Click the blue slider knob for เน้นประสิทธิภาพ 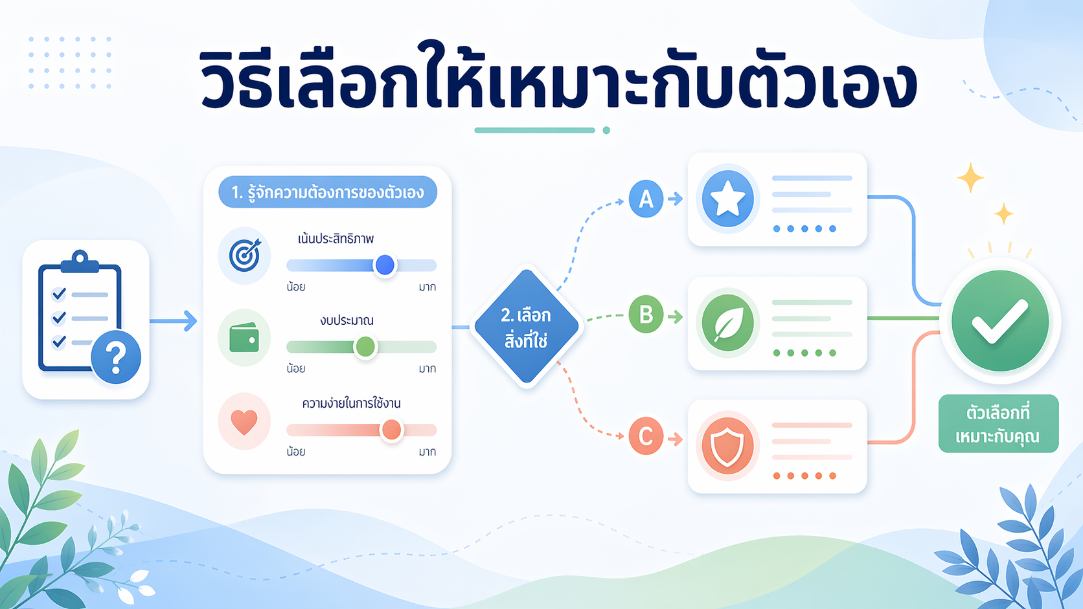(x=385, y=265)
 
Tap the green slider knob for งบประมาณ (x=365, y=347)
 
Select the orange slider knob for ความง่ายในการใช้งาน (x=391, y=430)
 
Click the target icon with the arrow (x=244, y=255)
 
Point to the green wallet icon (x=244, y=338)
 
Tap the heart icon (x=244, y=421)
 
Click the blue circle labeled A (x=646, y=199)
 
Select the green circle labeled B (x=646, y=315)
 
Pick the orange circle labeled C (x=646, y=436)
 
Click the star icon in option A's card (x=727, y=199)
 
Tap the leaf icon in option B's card (x=727, y=323)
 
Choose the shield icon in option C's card (x=727, y=446)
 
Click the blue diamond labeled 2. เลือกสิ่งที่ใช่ (x=526, y=327)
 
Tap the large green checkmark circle (x=999, y=321)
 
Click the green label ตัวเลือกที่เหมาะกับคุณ (x=998, y=424)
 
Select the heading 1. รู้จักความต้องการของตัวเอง (x=328, y=192)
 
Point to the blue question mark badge (x=116, y=357)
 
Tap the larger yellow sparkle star (x=970, y=178)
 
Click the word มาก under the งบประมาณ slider (x=427, y=369)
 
